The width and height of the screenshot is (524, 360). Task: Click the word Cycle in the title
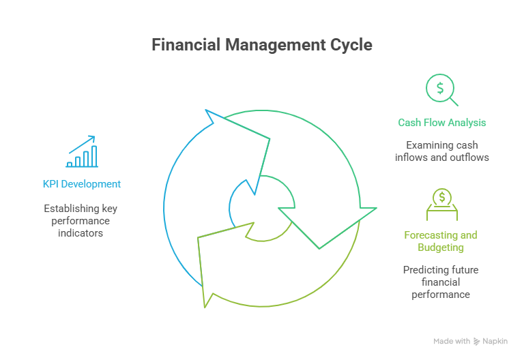351,45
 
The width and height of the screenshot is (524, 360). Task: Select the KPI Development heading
82,184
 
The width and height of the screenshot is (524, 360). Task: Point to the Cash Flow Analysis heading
442,123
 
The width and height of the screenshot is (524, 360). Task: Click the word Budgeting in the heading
441,247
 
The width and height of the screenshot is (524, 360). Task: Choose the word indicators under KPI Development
82,233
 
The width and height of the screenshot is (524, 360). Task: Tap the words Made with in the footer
452,341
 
